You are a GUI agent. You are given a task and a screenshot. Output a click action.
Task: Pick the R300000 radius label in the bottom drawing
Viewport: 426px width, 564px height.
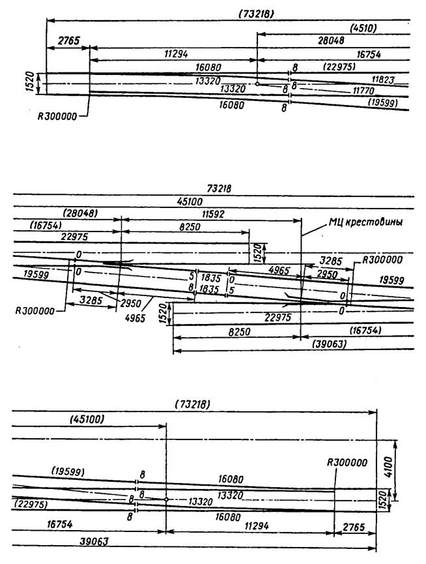click(x=347, y=462)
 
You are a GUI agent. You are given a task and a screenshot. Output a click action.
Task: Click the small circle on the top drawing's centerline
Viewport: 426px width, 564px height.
click(x=257, y=84)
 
